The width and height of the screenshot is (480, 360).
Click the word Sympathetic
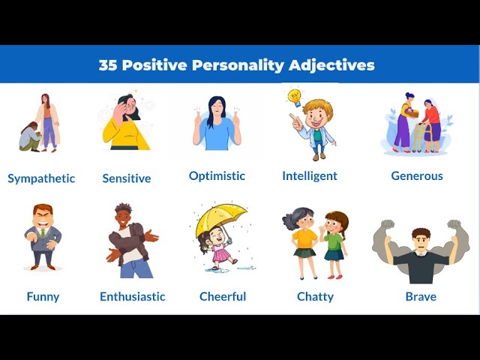(x=41, y=178)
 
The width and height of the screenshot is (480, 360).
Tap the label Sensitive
(x=127, y=178)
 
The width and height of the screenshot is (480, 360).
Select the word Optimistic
(x=217, y=175)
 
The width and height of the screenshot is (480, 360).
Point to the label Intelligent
(x=310, y=175)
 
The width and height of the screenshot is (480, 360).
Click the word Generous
(x=417, y=175)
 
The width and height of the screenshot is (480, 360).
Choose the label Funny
(x=43, y=296)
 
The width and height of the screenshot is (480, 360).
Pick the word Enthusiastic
(x=133, y=296)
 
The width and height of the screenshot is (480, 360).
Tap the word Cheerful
(x=223, y=296)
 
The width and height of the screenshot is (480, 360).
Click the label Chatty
(x=315, y=296)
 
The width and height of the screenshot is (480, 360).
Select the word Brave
(x=421, y=296)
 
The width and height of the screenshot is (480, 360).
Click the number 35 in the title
(x=109, y=64)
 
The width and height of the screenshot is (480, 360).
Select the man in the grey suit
(x=43, y=237)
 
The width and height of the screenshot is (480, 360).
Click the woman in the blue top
(x=217, y=123)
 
